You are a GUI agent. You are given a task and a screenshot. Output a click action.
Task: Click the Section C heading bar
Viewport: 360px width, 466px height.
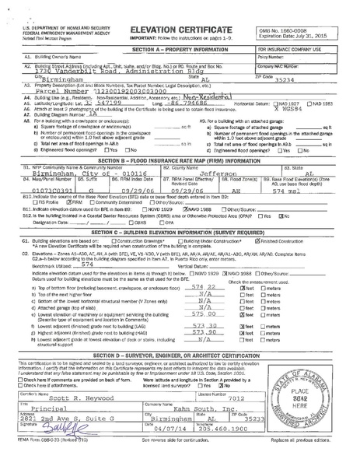click(x=180, y=232)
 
